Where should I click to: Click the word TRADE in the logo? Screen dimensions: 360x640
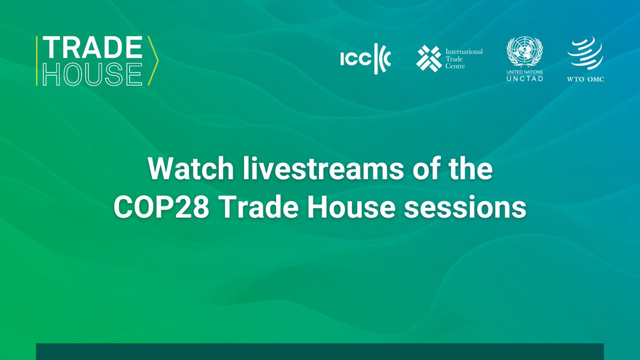tap(92, 49)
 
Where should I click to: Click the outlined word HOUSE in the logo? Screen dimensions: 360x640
tap(92, 74)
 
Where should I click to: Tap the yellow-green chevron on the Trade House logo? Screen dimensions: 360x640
tap(153, 61)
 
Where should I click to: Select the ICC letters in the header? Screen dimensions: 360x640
tap(355, 60)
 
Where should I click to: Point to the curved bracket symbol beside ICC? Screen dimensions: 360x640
tap(382, 59)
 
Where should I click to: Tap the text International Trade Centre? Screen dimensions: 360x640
tap(463, 59)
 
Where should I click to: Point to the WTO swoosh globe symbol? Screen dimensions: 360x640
tap(585, 55)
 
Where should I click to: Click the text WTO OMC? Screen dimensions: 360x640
tap(586, 79)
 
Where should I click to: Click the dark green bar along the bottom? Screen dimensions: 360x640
tap(320, 351)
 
